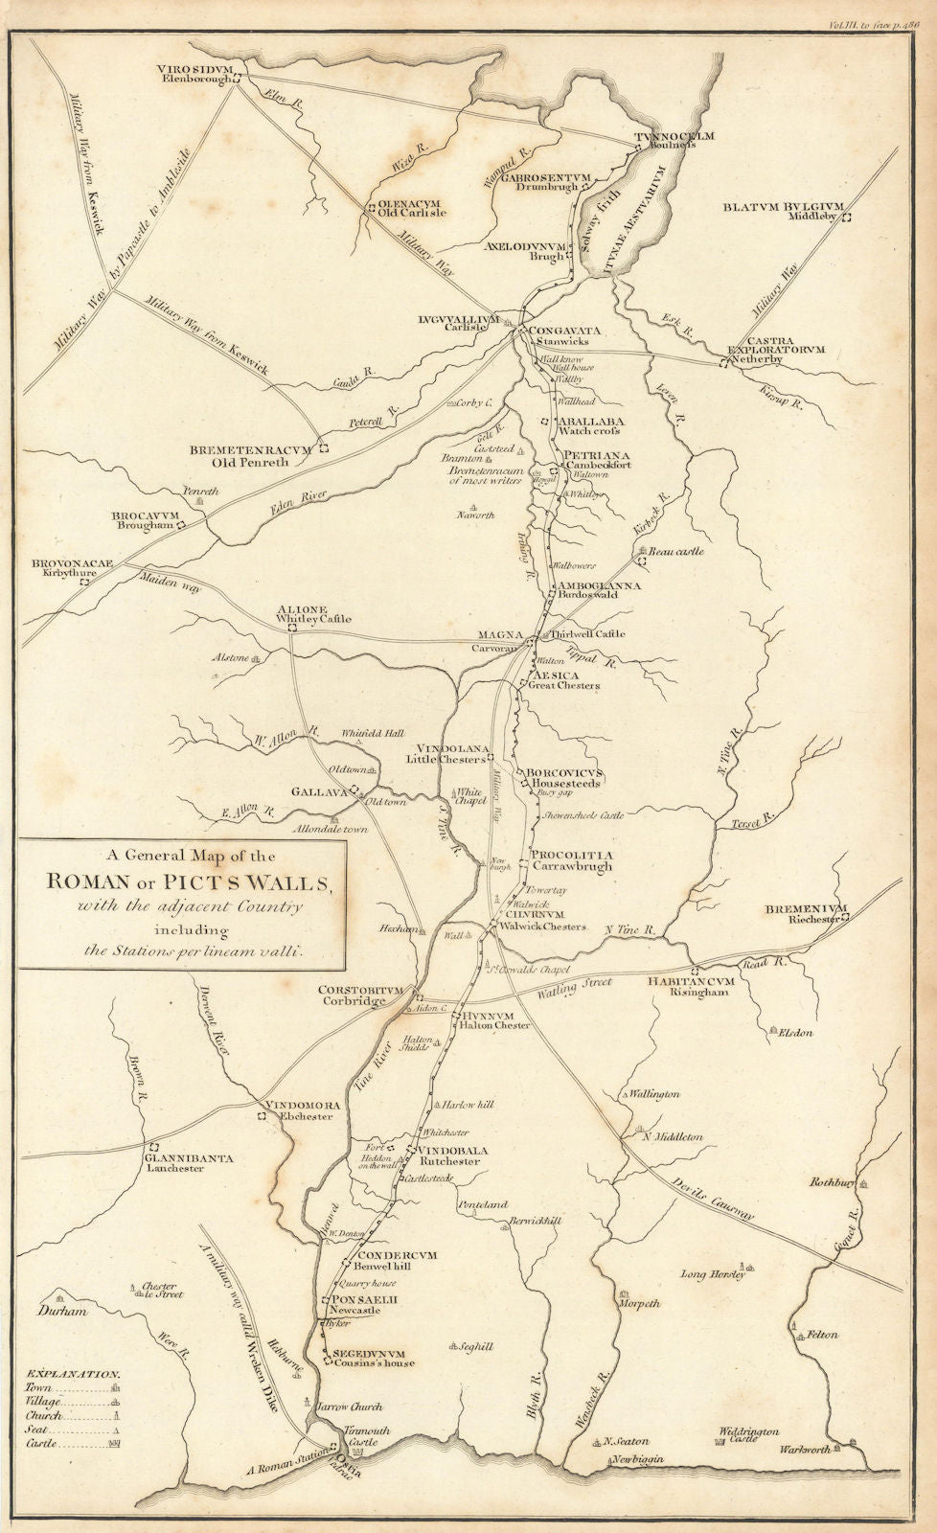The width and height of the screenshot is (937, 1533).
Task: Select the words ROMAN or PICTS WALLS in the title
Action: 183,882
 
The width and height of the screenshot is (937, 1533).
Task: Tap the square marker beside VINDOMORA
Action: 260,1117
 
